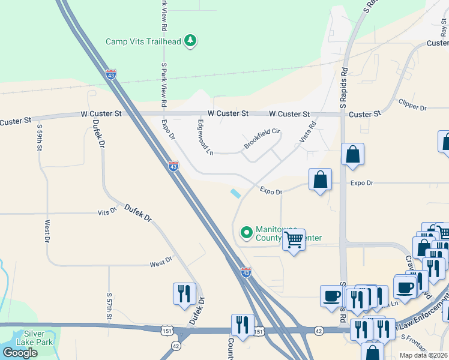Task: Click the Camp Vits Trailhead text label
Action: click(143, 41)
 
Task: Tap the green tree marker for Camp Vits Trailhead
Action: click(190, 41)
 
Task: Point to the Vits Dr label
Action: click(107, 213)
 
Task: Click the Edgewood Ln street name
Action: click(205, 137)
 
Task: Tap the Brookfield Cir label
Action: click(262, 139)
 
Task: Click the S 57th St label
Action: click(109, 307)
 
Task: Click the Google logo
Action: click(20, 353)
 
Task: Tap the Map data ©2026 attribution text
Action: click(423, 355)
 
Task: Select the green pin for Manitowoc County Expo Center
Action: click(246, 232)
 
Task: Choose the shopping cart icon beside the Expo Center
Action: click(294, 239)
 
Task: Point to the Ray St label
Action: click(444, 30)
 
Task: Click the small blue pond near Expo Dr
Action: click(235, 193)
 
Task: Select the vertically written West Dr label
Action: click(47, 232)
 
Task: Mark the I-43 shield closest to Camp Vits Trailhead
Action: click(110, 74)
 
